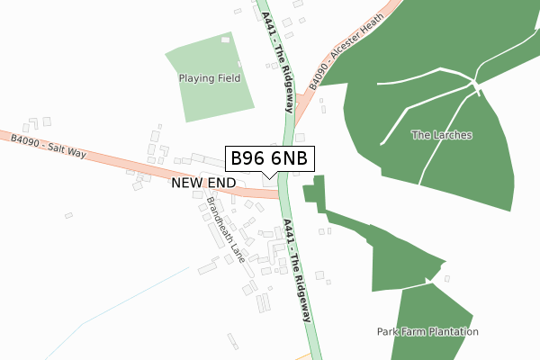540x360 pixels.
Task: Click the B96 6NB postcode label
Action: pos(269,158)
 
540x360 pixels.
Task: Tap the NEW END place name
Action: pos(202,183)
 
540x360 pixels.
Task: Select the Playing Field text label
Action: pos(210,78)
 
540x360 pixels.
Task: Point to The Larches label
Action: pos(442,135)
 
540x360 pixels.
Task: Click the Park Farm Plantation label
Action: pos(427,332)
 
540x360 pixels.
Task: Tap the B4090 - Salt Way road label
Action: pos(49,147)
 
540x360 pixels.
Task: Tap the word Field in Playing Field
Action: pos(228,78)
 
